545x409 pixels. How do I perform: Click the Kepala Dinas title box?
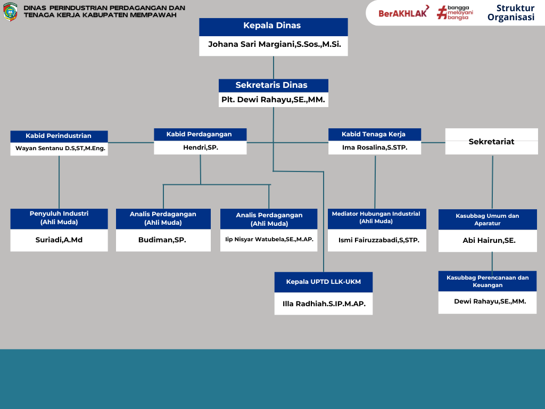273,26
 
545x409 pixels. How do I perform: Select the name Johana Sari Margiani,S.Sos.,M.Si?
273,45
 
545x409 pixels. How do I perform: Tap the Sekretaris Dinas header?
273,85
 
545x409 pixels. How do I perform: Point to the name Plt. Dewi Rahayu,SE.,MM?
273,100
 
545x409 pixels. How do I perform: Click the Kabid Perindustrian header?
59,136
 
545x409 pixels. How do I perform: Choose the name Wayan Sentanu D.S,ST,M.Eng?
59,149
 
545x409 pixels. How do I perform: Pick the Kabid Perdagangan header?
200,134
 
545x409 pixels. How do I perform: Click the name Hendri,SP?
200,148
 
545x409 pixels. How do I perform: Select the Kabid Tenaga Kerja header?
374,134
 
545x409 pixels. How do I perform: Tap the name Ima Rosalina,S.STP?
374,148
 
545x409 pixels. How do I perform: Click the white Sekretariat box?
491,142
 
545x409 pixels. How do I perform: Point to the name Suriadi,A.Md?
59,240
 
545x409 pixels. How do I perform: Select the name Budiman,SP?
162,240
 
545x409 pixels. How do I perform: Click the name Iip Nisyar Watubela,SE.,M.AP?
269,240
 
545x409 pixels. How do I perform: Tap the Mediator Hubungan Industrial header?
376,217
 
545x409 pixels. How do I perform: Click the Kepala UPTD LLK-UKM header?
323,282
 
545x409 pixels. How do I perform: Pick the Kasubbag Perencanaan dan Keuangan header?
487,281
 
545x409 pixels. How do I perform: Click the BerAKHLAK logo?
403,13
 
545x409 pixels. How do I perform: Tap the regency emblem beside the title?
10,12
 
